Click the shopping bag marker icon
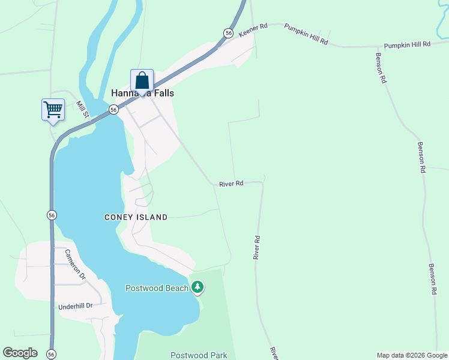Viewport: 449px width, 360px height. (142, 80)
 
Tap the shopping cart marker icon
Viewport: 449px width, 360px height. (53, 110)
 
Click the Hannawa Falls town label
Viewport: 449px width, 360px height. (142, 93)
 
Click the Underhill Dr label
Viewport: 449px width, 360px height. (75, 306)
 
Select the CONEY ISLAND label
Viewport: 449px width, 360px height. (136, 217)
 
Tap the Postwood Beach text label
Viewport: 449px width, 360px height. (157, 288)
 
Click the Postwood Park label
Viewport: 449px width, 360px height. (198, 355)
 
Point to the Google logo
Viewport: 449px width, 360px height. (20, 353)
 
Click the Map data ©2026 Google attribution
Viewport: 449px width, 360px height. (412, 355)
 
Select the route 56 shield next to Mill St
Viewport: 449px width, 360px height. (113, 109)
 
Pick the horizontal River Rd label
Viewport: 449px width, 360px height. (231, 183)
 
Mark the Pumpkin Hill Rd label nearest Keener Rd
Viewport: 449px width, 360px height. (306, 34)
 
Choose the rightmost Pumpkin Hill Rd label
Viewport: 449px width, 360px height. (408, 44)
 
